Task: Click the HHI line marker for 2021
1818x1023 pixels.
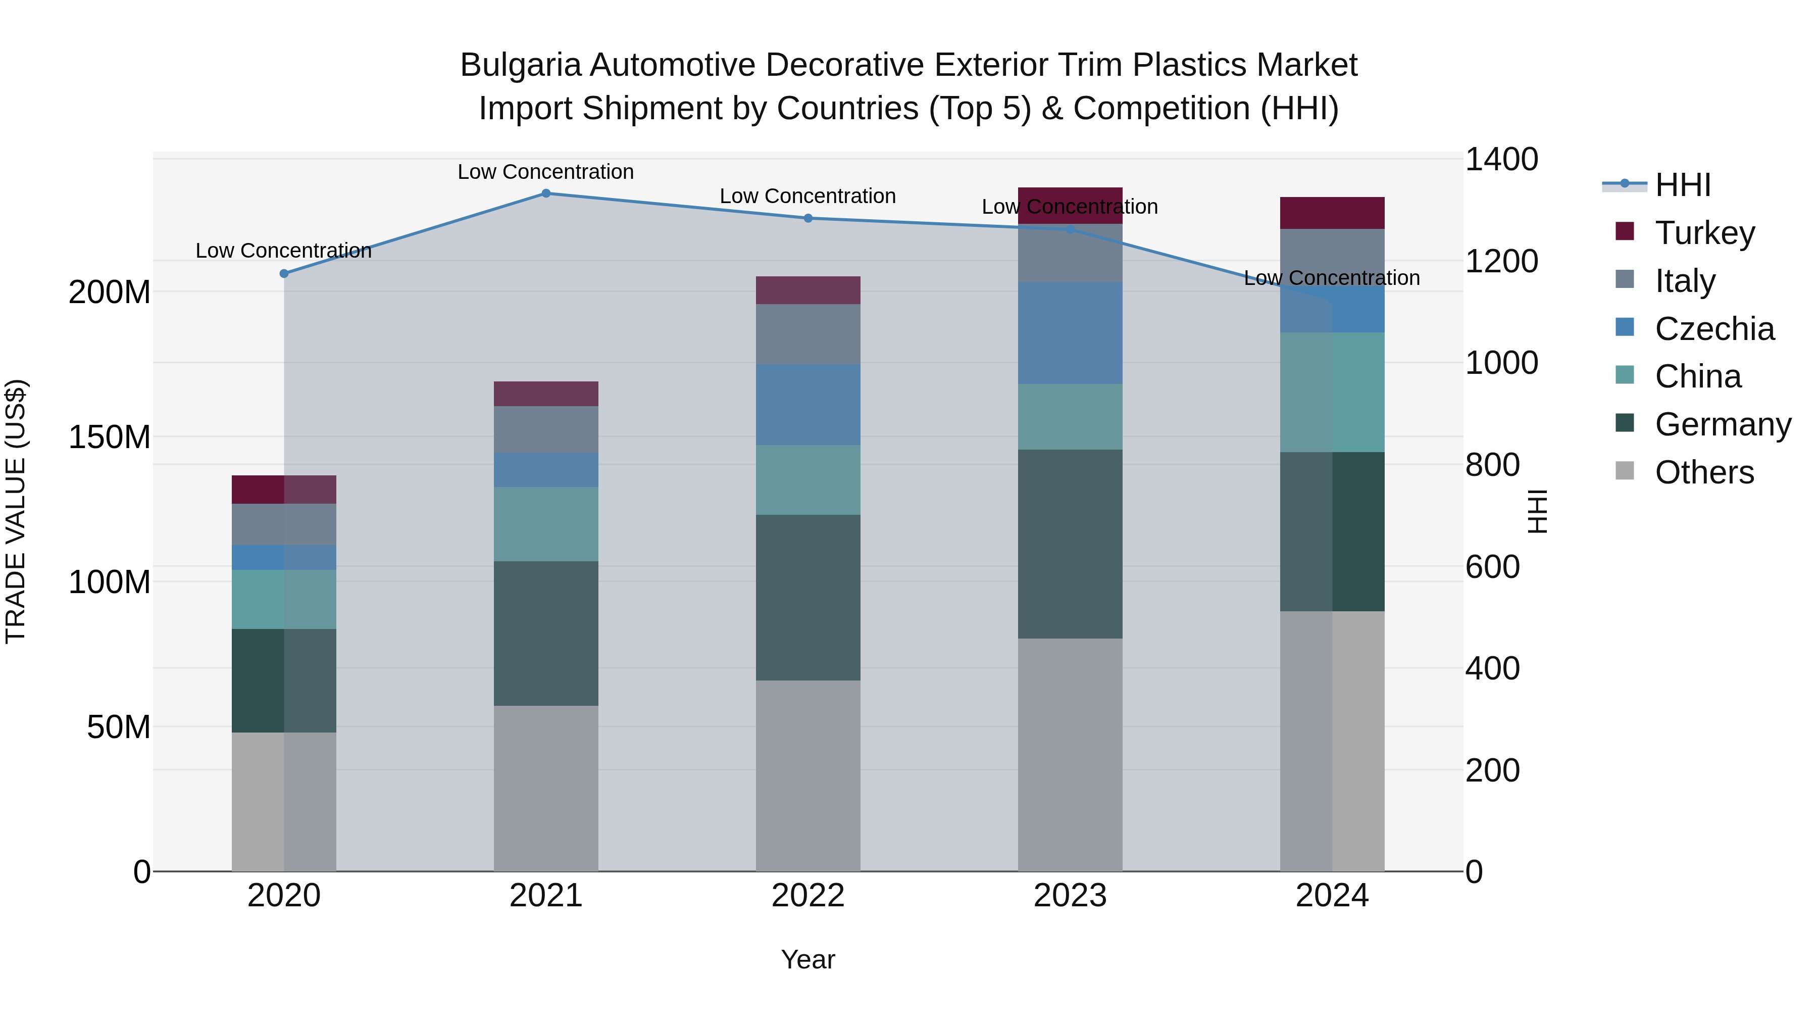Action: pos(545,193)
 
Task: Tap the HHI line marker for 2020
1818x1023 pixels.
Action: pos(284,273)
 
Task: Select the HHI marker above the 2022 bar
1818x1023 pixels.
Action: pos(808,218)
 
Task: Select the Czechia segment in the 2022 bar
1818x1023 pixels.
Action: pos(808,405)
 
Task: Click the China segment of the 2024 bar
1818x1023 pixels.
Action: pos(1332,392)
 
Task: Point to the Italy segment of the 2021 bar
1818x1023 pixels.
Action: pos(545,429)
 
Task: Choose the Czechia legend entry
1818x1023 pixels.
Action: pos(1713,329)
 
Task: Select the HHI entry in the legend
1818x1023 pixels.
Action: pos(1683,185)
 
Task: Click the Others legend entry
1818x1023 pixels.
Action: pos(1704,472)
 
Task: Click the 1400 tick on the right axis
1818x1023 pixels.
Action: pos(1501,160)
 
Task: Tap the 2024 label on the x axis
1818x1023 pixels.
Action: pos(1332,896)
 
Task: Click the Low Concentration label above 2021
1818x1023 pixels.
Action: pos(545,172)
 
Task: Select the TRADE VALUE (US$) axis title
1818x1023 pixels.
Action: pos(16,511)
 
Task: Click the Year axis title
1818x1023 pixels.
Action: pos(807,959)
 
